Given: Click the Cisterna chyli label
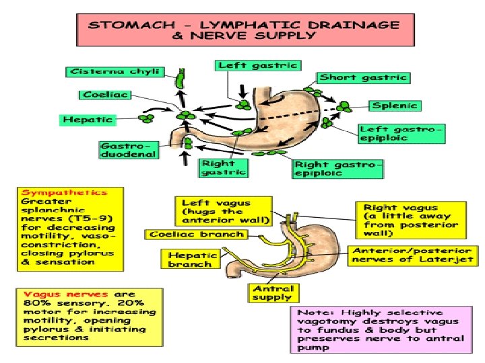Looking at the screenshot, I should pos(94,71).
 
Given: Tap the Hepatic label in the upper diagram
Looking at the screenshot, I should pos(88,120).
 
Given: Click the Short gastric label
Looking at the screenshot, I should pos(363,77).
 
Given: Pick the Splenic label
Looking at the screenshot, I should pos(395,106).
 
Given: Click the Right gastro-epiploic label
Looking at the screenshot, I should pos(338,168).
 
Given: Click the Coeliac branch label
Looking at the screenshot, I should pos(196,235).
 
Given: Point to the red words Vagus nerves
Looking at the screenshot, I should pos(52,294).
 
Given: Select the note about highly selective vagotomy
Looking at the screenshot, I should pos(381,330).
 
